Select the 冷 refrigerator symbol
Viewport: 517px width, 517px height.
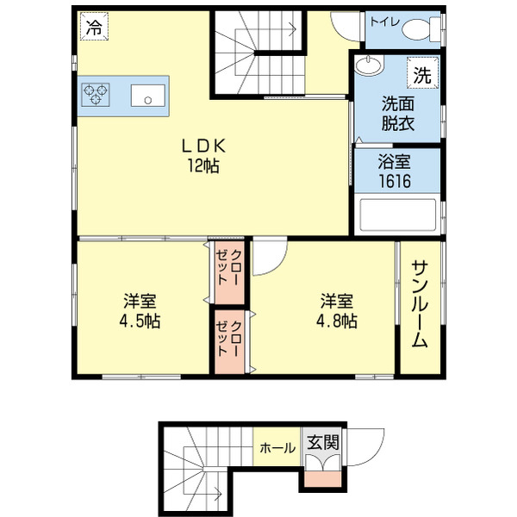pyautogui.click(x=91, y=27)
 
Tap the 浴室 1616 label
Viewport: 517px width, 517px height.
pyautogui.click(x=395, y=172)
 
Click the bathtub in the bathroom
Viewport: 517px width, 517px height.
pyautogui.click(x=397, y=215)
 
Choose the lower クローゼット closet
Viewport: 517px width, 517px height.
pyautogui.click(x=230, y=339)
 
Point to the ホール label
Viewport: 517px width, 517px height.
pyautogui.click(x=277, y=448)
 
